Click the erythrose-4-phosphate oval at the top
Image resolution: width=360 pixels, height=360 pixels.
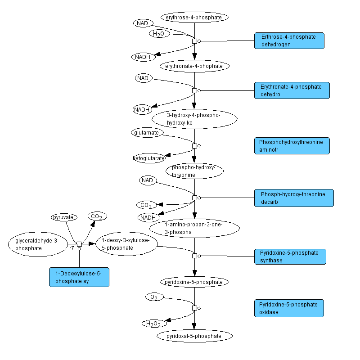click(194, 18)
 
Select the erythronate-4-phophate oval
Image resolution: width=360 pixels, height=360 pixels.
click(194, 66)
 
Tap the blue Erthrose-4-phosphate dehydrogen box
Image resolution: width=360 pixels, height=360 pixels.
click(289, 40)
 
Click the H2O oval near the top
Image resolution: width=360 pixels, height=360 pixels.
click(159, 34)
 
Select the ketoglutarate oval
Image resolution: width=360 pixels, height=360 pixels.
click(149, 158)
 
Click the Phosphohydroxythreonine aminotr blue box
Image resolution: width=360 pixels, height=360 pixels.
click(292, 145)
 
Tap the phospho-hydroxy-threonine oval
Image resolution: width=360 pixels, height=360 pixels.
click(194, 171)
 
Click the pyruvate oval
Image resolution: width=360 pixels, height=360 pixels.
click(64, 217)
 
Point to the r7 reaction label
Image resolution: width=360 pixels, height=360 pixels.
click(72, 248)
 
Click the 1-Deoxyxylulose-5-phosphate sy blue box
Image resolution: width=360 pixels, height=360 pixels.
click(79, 277)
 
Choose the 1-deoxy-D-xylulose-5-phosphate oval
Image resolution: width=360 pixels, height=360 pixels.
click(126, 244)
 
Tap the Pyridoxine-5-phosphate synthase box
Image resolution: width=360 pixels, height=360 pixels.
click(290, 256)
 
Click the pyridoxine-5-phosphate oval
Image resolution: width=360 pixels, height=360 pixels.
click(194, 282)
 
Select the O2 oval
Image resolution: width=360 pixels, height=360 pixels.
click(154, 297)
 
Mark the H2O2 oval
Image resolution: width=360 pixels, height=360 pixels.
click(154, 323)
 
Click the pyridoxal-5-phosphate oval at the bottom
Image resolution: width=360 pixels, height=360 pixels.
click(194, 336)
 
